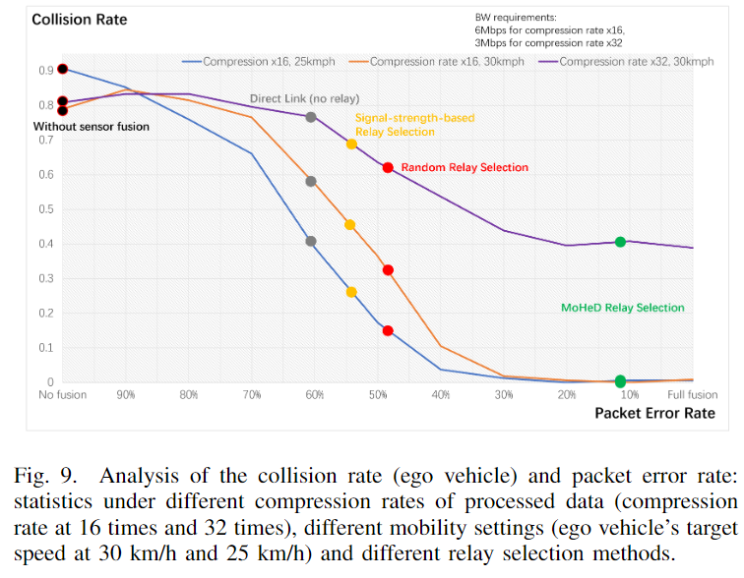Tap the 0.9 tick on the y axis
(x=45, y=71)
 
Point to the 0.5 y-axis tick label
(x=45, y=209)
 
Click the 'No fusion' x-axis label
(x=63, y=395)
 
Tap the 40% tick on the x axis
(x=440, y=395)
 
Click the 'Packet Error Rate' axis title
(x=654, y=413)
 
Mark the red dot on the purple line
(x=389, y=168)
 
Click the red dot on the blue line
(x=388, y=331)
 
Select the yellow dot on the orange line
(x=350, y=225)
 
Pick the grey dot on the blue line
(x=311, y=241)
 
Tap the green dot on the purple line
(x=620, y=242)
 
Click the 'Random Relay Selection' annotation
(x=465, y=168)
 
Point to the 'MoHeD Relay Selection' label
(x=622, y=308)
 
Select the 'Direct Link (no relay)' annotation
(x=304, y=99)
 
